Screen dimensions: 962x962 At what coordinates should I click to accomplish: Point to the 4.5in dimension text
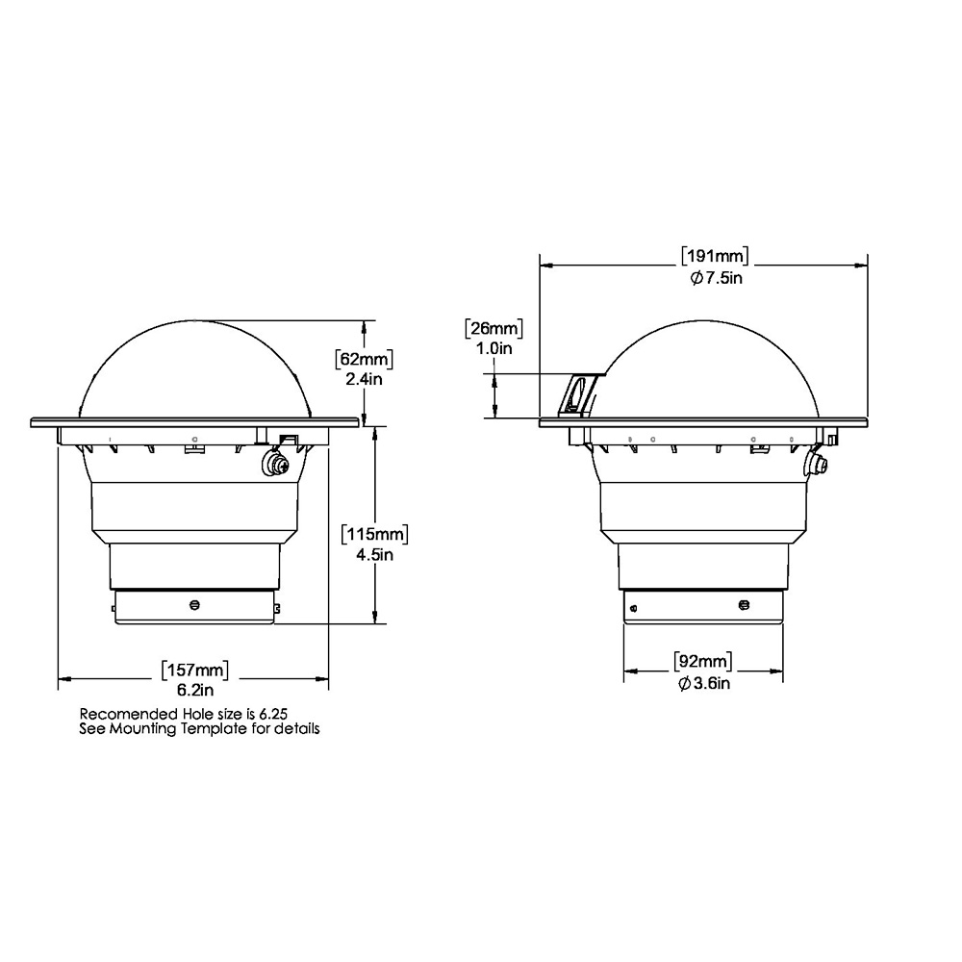pos(376,554)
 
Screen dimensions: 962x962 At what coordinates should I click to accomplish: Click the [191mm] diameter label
pos(715,256)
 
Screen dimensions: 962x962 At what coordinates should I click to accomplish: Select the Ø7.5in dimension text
pos(715,278)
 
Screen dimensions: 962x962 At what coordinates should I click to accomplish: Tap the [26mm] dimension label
pos(494,329)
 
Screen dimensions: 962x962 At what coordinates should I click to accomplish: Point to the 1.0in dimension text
pos(494,349)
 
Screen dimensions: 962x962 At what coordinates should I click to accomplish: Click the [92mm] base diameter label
pos(702,662)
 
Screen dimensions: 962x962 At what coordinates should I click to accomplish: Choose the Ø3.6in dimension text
pos(702,683)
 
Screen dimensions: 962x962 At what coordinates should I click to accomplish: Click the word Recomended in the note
pos(129,715)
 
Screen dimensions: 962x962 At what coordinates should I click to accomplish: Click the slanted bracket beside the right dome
pos(579,393)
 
